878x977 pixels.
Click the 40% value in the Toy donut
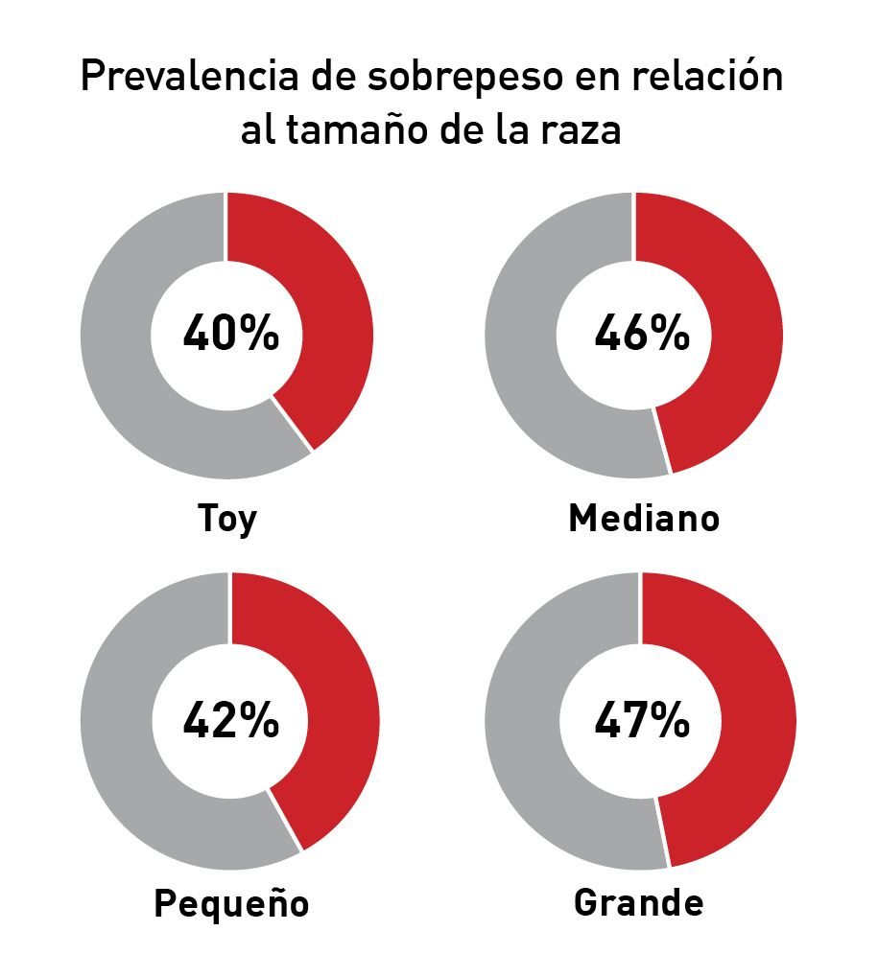click(230, 335)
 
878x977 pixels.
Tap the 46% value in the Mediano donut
click(641, 335)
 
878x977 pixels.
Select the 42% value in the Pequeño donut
click(230, 720)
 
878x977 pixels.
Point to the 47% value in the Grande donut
click(641, 720)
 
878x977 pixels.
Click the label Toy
click(227, 519)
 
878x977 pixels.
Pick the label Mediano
click(644, 519)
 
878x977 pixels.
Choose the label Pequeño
click(231, 904)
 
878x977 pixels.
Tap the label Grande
click(638, 903)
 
